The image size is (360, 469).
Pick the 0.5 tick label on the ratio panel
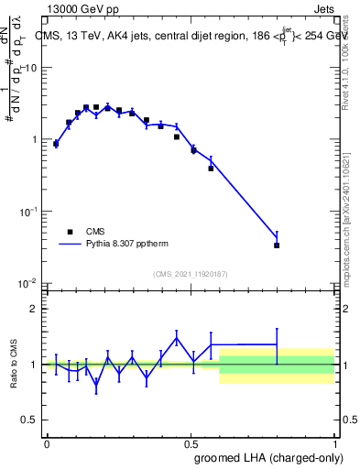pyautogui.click(x=30, y=420)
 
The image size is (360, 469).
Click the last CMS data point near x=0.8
pyautogui.click(x=277, y=245)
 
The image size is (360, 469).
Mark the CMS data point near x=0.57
pyautogui.click(x=211, y=169)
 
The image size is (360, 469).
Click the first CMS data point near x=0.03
pyautogui.click(x=56, y=143)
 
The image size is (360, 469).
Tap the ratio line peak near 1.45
pyautogui.click(x=176, y=337)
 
